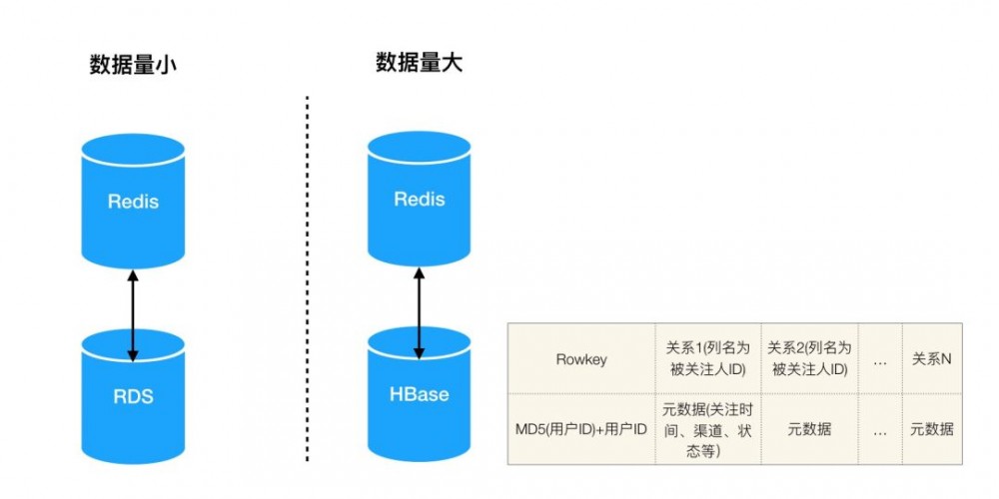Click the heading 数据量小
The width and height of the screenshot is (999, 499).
point(133,66)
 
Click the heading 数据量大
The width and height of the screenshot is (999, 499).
point(419,64)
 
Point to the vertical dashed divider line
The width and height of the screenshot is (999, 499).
point(307,279)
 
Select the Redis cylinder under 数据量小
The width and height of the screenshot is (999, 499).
point(133,201)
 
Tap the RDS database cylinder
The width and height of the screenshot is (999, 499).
point(133,395)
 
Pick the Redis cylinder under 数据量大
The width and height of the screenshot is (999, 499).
point(419,199)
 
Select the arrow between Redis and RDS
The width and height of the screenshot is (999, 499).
point(133,314)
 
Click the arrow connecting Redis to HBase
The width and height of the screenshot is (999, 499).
point(419,312)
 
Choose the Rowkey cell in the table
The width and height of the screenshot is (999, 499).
point(581,358)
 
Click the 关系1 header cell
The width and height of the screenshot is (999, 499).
point(707,358)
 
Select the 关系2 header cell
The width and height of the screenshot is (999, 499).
point(809,358)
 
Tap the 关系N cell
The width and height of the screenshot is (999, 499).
point(931,358)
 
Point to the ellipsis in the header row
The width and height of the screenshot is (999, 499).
point(880,358)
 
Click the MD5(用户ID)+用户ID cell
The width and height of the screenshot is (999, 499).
point(581,429)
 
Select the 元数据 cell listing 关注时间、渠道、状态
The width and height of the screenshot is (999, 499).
point(707,429)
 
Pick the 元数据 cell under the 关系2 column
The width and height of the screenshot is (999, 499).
point(809,429)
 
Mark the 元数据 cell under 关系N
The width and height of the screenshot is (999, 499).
point(931,429)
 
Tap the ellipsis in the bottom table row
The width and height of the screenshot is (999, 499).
point(880,429)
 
